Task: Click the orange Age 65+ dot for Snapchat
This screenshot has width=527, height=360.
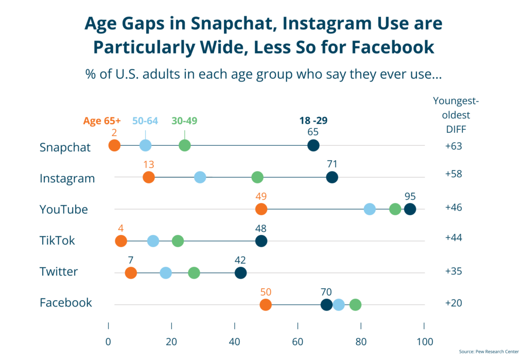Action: (x=114, y=146)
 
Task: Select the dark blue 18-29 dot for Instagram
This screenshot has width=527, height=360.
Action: (x=332, y=178)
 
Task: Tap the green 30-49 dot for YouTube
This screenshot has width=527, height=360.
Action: (x=395, y=209)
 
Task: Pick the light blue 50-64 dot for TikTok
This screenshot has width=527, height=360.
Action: (x=153, y=241)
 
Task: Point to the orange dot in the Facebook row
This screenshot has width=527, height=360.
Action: (x=266, y=305)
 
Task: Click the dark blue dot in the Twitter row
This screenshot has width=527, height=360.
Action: (x=240, y=273)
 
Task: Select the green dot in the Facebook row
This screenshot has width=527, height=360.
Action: (x=355, y=305)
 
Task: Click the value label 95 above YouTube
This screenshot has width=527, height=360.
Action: (x=410, y=196)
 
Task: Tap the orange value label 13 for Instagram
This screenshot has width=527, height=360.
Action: (x=149, y=165)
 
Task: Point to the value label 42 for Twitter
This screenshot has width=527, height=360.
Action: (x=240, y=260)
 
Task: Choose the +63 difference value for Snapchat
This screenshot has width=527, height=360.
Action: (x=453, y=146)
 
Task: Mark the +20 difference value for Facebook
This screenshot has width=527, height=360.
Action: (x=453, y=303)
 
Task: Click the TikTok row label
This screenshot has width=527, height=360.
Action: (x=57, y=241)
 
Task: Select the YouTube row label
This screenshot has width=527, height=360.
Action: (x=64, y=209)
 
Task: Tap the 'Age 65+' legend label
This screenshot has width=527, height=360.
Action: (x=102, y=121)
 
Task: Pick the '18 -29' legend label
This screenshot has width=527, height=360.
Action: (x=313, y=121)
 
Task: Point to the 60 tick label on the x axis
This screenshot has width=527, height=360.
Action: (x=297, y=341)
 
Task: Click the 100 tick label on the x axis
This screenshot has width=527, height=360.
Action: (x=424, y=341)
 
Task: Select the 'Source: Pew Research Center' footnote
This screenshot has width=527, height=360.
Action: (x=489, y=352)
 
